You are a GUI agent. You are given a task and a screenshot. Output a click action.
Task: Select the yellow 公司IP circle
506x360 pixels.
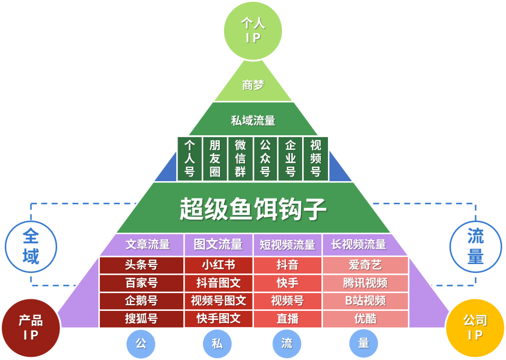[475, 328]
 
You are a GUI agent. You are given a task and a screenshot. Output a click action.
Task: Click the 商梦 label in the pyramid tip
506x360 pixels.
[253, 85]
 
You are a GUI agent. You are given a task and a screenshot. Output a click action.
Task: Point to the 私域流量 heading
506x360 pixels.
[253, 121]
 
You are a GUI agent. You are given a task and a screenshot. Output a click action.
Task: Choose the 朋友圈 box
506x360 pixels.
[215, 159]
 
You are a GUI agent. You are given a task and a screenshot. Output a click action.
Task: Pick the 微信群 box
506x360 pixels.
[240, 159]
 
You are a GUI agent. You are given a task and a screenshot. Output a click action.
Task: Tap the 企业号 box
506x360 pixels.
[290, 159]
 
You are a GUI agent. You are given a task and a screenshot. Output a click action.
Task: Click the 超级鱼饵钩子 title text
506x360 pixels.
[253, 208]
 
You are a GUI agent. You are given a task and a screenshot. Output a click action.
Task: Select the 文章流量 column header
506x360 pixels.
[148, 244]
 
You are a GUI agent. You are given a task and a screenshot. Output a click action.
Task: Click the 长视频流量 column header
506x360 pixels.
[358, 244]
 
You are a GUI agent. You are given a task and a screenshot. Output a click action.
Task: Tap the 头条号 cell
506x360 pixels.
[141, 265]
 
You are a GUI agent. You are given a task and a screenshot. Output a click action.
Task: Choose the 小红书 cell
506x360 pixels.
[218, 265]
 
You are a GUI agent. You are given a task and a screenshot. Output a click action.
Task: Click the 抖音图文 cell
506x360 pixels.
[218, 283]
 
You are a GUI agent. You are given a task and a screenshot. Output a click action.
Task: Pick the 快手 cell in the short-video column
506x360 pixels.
[287, 283]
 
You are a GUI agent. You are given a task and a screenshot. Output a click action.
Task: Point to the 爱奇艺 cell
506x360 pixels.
[365, 265]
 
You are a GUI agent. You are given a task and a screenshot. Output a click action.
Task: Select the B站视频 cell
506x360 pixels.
[365, 301]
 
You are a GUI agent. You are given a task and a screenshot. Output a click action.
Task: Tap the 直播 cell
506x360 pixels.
[287, 318]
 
